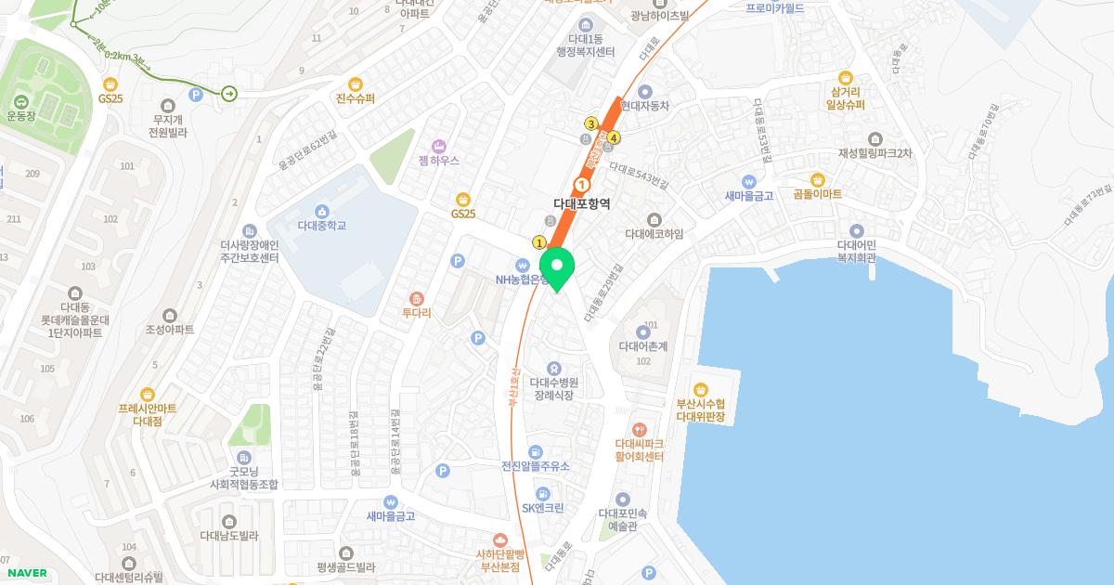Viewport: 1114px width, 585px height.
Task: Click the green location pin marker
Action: click(558, 268)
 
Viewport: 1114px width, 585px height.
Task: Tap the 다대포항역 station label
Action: click(581, 202)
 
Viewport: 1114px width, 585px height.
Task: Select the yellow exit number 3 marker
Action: click(590, 123)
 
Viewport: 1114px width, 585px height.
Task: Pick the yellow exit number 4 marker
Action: click(614, 138)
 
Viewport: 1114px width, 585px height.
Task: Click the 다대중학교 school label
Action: click(322, 224)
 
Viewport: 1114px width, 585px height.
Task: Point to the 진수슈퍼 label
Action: click(356, 97)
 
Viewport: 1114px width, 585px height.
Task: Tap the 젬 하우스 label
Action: click(439, 160)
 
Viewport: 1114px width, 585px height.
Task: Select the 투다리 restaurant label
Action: click(417, 313)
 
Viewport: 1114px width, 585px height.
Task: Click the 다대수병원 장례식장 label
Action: click(553, 387)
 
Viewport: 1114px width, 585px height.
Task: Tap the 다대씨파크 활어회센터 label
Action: click(639, 449)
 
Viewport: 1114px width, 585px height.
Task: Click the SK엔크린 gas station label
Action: click(542, 508)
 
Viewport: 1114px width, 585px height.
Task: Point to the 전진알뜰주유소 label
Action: click(536, 466)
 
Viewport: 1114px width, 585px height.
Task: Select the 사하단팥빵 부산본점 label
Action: click(501, 553)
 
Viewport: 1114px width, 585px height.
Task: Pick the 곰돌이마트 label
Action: click(818, 194)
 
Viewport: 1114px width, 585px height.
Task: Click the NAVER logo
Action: click(27, 573)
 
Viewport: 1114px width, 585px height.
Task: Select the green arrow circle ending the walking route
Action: click(228, 93)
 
